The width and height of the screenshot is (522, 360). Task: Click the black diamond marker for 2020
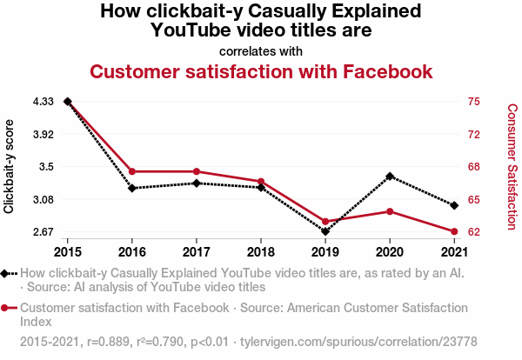coord(389,177)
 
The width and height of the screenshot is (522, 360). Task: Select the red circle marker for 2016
coord(132,171)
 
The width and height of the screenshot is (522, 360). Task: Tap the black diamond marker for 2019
coord(325,231)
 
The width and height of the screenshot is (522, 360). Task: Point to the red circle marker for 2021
coord(453,231)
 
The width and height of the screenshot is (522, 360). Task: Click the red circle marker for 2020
coord(389,211)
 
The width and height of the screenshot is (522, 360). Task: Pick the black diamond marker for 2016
coord(132,188)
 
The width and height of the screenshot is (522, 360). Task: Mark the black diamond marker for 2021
coord(453,204)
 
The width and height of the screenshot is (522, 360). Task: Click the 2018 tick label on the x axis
coord(261,252)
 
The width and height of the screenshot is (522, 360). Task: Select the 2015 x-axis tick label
coord(68,252)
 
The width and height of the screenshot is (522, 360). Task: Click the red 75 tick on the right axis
coord(473,102)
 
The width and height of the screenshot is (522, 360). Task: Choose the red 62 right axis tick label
coord(473,232)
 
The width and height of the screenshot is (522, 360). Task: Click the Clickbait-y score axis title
coord(10,166)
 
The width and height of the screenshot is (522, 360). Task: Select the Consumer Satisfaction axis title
coord(512,166)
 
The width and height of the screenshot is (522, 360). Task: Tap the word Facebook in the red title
coord(377,71)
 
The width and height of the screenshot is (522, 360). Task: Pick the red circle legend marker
coord(7,308)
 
